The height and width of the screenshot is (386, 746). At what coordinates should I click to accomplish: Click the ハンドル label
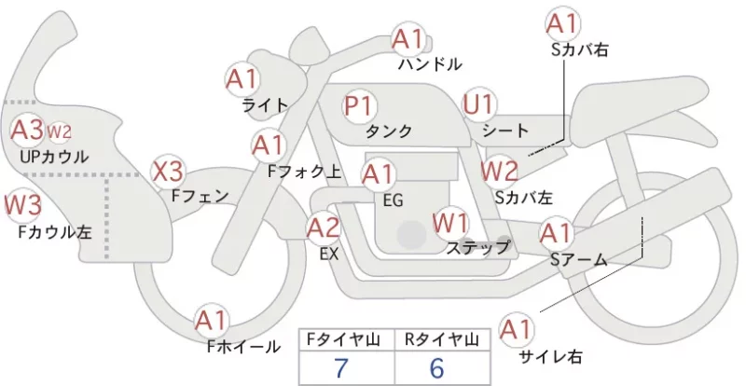430,63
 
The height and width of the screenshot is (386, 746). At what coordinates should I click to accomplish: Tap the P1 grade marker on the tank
359,105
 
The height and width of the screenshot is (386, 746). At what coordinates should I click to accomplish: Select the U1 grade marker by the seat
478,104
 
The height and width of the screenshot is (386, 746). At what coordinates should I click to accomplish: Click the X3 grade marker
168,172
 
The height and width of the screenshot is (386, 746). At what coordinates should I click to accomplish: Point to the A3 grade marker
27,130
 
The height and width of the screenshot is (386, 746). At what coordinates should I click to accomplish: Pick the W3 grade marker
22,205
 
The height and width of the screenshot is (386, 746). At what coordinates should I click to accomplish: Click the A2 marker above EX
324,228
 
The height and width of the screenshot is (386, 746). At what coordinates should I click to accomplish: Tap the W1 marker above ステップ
450,223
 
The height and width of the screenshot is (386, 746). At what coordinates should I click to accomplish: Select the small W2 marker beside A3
59,131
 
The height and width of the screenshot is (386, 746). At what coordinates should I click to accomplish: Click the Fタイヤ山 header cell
346,339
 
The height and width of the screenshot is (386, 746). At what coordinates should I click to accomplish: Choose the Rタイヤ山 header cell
442,339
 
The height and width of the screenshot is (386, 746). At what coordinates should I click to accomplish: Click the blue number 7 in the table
340,368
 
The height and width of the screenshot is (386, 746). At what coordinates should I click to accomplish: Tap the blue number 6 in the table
436,368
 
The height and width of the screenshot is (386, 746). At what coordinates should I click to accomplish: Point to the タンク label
389,131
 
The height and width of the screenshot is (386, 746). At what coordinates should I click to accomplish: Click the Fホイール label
243,347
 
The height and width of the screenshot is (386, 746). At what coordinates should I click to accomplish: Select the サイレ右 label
550,356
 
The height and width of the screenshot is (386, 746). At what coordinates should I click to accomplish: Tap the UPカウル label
54,157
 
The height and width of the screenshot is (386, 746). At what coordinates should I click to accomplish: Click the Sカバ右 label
580,50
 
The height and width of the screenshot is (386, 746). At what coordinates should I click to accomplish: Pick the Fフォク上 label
305,172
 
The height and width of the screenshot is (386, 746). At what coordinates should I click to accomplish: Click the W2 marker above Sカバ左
499,171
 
